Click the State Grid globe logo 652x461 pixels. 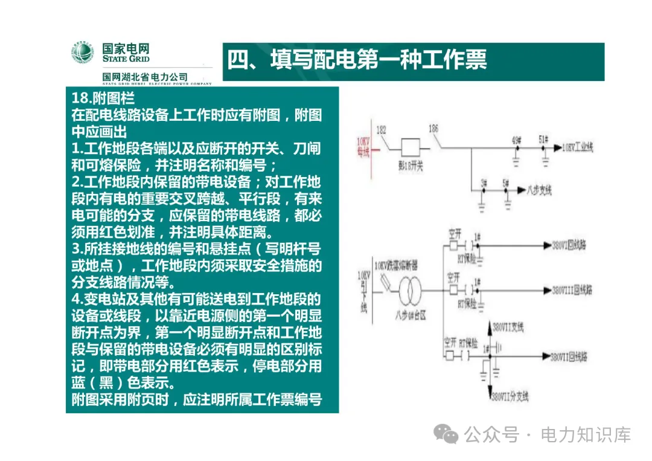coord(83,53)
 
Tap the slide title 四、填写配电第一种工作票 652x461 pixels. coord(357,60)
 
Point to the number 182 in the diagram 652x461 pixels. coord(381,129)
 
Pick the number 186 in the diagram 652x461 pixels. coord(432,129)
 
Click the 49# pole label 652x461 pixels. coord(516,140)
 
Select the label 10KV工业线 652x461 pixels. coord(578,147)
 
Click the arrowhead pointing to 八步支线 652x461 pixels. coord(520,190)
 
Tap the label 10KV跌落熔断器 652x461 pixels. coord(395,266)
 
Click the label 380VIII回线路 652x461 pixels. coord(573,290)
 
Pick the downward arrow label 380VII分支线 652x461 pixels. coord(510,397)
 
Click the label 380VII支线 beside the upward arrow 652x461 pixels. coord(508,327)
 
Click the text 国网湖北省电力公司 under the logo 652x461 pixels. coord(145,77)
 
